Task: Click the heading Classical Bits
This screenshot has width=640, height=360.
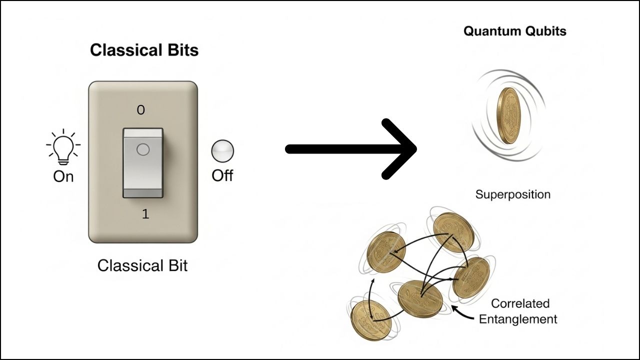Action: coord(144,50)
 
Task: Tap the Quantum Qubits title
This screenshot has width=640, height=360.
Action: coord(514,31)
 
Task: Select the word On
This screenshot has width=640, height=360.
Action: coord(63,176)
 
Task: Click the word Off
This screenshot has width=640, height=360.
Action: coord(222,176)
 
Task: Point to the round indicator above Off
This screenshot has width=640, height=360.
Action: coord(222,150)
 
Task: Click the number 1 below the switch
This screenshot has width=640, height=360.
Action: coord(145,214)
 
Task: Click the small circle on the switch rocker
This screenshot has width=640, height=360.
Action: coord(142,149)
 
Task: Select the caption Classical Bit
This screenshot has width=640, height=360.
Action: coord(142,265)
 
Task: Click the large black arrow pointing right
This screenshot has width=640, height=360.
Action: coord(350,149)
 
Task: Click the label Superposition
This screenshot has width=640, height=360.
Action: coord(512,194)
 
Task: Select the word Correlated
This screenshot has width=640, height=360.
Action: coord(520,303)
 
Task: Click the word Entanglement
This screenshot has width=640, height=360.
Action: coord(518,319)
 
